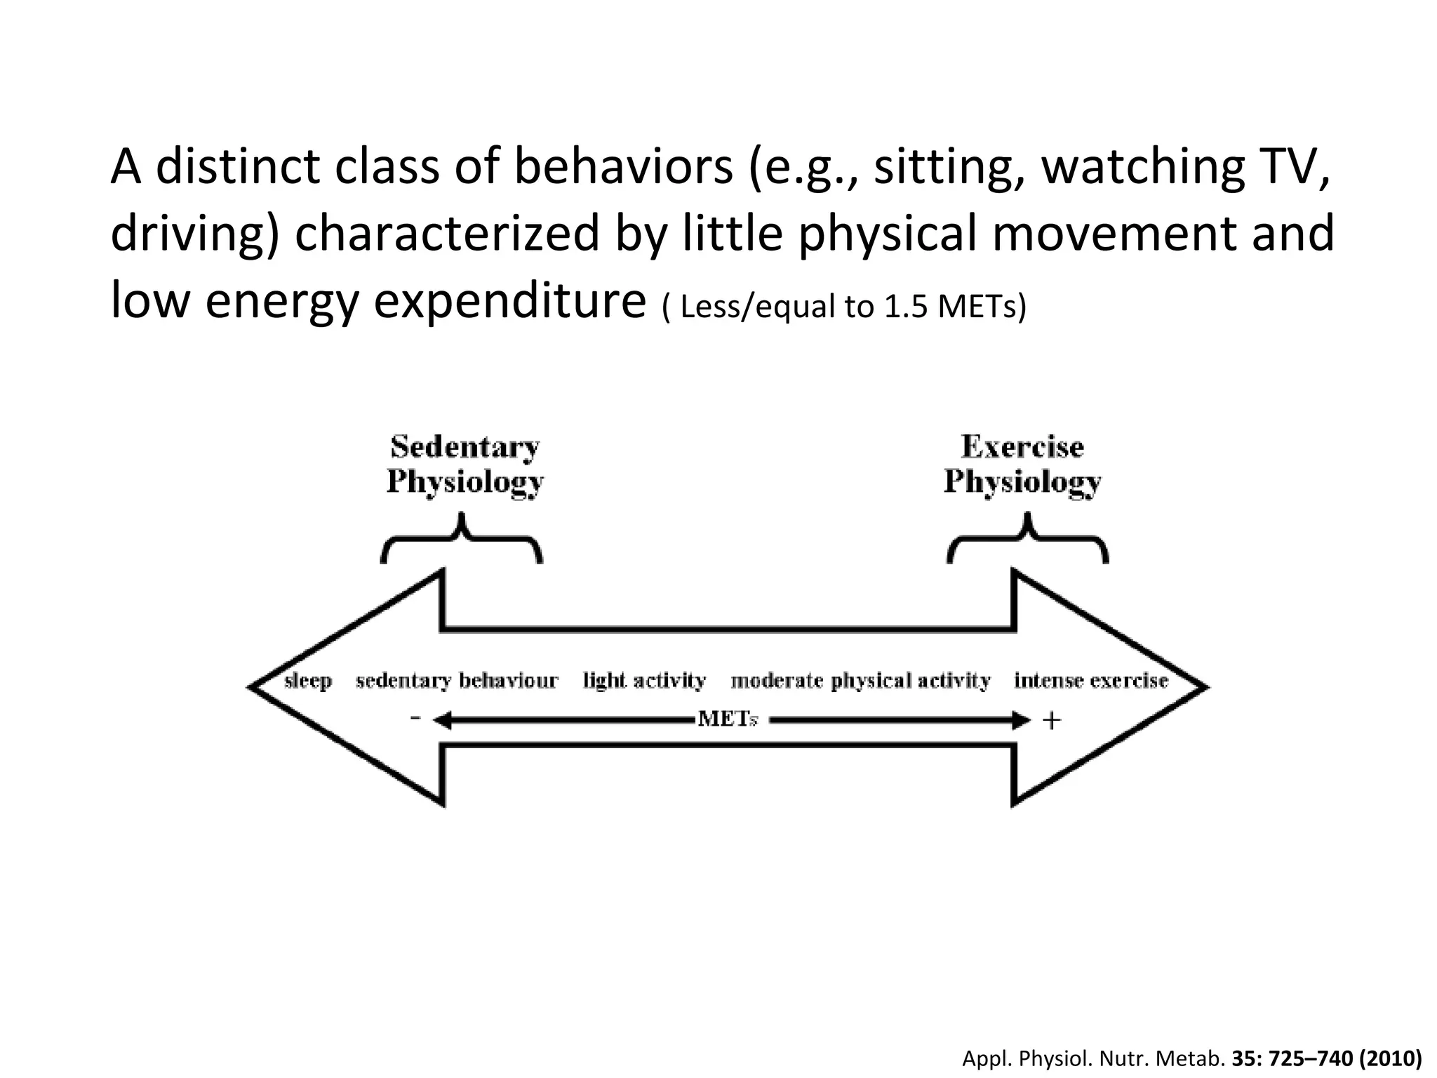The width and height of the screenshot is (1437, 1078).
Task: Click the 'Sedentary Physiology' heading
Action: click(465, 465)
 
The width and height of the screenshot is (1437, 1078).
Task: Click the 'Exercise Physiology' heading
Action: click(1022, 465)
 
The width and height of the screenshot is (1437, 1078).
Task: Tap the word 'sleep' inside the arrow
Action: click(308, 681)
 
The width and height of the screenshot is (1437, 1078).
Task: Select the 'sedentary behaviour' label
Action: click(457, 681)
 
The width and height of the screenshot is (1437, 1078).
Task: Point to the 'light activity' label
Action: click(644, 681)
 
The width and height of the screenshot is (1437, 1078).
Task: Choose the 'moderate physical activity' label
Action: click(860, 681)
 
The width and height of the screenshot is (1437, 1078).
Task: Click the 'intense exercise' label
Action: click(1091, 681)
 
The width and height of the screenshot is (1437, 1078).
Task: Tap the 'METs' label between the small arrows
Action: click(728, 720)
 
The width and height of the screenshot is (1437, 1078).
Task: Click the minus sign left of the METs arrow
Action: click(415, 718)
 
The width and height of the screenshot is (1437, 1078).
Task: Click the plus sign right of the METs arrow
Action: click(1051, 721)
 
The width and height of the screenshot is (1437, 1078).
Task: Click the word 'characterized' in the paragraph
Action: click(447, 234)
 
